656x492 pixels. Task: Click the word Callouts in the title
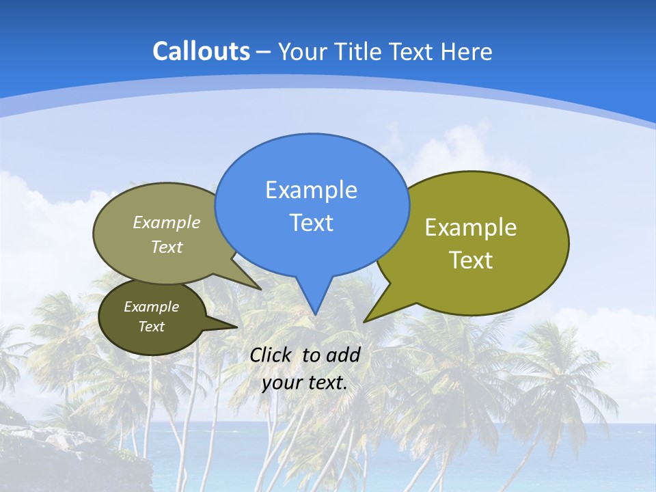pos(201,51)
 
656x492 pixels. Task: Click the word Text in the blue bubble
pos(311,223)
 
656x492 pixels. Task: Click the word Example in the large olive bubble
pos(471,228)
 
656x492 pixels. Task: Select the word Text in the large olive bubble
pos(471,260)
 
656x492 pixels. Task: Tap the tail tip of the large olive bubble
pos(366,320)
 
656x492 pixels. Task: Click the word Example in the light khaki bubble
pos(167,222)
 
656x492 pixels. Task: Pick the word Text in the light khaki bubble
pos(167,247)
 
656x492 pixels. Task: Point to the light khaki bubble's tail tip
pos(260,288)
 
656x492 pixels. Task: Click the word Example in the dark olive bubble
pos(151,307)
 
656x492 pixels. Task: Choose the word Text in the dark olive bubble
pos(151,327)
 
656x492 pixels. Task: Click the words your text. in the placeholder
pos(305,383)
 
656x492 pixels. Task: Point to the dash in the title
pos(264,52)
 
